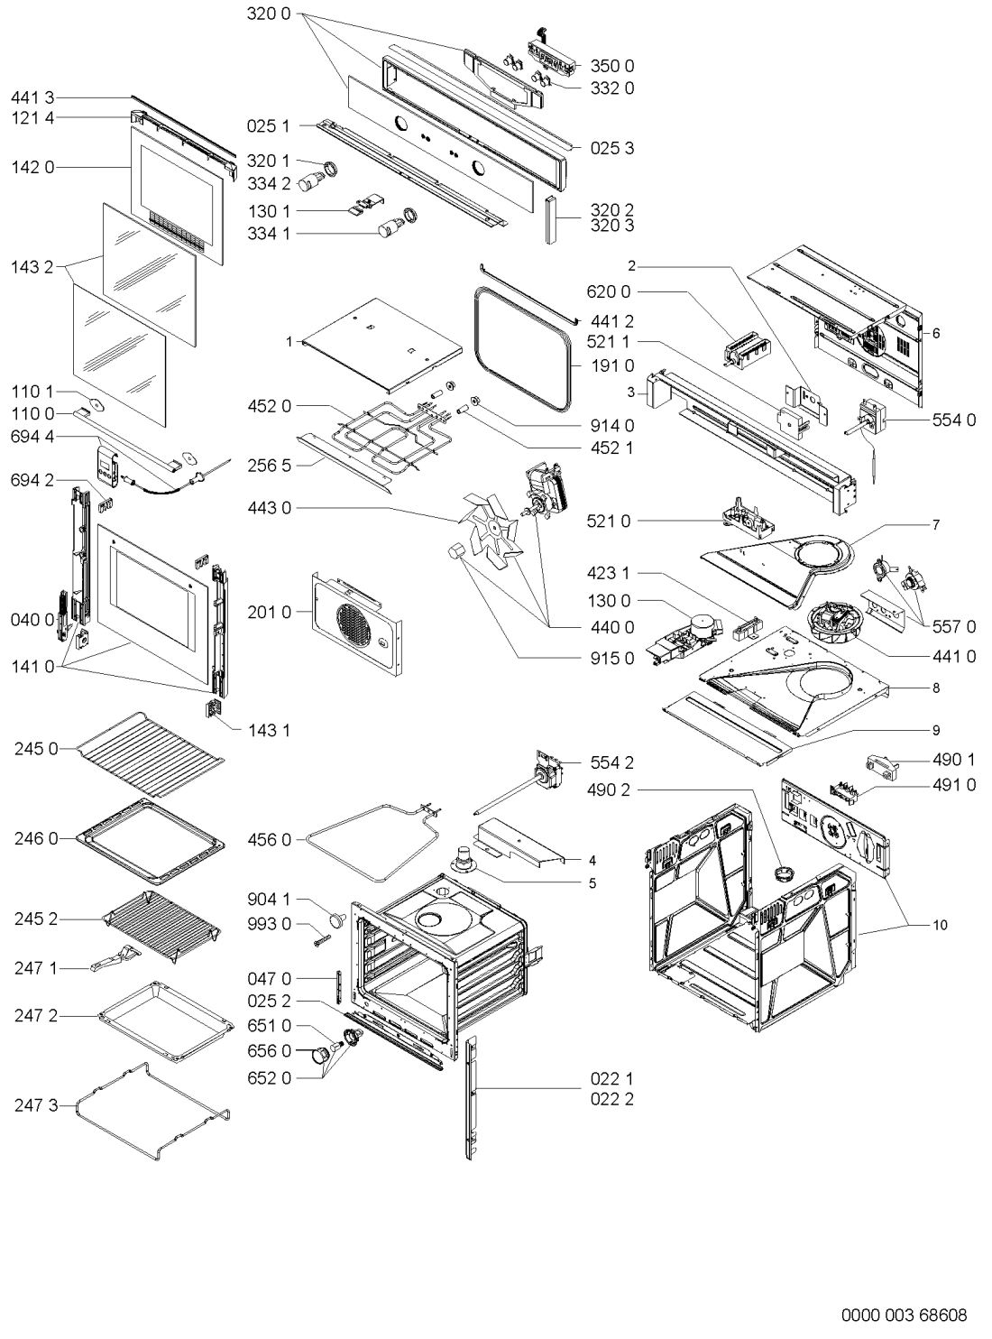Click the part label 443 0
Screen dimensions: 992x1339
269,508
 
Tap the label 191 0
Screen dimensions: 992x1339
611,365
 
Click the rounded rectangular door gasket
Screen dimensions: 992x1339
524,349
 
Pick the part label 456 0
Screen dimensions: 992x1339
269,840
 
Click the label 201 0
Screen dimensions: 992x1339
269,612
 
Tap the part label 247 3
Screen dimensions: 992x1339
36,1105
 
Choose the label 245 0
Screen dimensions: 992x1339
36,749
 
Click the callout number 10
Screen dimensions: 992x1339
940,925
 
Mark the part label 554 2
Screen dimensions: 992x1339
611,762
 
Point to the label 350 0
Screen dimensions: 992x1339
611,66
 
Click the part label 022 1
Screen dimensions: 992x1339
611,1078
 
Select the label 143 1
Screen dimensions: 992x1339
269,731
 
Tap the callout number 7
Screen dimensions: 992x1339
936,524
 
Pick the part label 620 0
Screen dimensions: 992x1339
608,292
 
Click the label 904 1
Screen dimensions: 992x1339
269,900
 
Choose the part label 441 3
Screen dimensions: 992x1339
32,97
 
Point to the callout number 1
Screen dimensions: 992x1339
289,342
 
